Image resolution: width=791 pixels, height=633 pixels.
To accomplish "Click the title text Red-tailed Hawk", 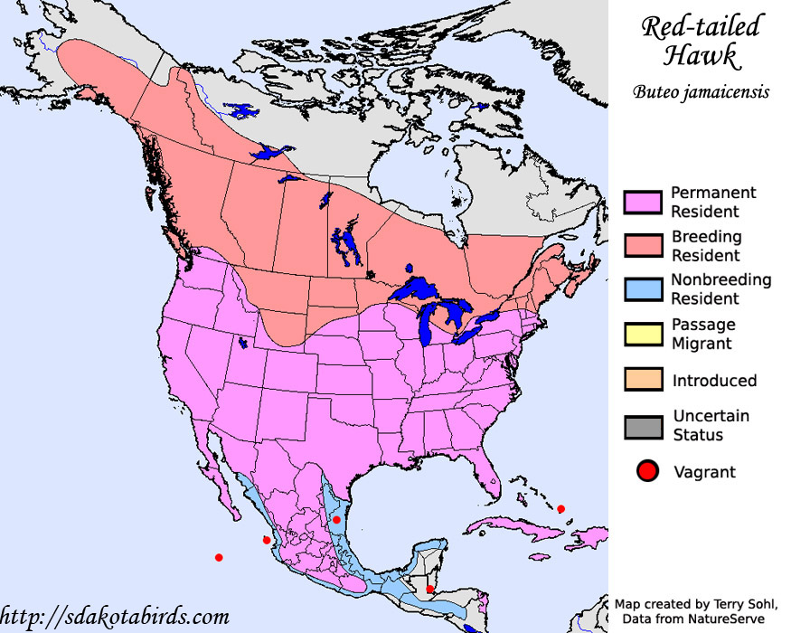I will (701, 41).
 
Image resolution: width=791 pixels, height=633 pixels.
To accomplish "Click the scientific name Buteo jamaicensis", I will (701, 91).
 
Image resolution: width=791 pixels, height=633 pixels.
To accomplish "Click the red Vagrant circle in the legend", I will (646, 471).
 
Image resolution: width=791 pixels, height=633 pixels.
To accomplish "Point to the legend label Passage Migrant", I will (703, 334).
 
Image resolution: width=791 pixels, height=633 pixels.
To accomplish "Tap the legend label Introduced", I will (714, 381).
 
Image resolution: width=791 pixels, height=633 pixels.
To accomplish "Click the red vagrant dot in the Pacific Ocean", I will (219, 557).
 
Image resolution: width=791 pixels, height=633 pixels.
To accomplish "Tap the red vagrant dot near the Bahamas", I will (560, 509).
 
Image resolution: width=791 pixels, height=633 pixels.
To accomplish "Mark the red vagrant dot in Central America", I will (429, 590).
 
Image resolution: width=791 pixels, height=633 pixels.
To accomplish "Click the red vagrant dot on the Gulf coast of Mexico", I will (336, 519).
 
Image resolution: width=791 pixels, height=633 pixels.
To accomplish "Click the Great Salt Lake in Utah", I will (242, 343).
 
